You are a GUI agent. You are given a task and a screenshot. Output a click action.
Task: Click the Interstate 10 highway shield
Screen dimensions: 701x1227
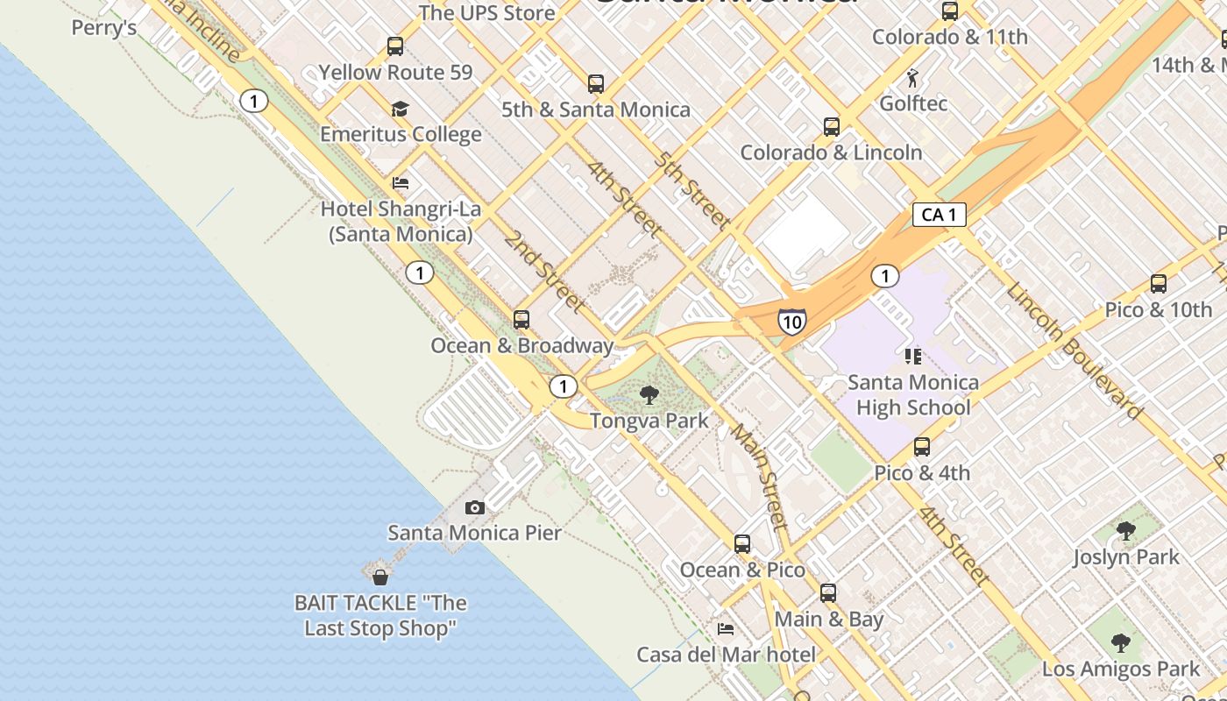[x=791, y=322]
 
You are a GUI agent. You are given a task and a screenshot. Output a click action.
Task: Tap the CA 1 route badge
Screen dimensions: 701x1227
[x=940, y=215]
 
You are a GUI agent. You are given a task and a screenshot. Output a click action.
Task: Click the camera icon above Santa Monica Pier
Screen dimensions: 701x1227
[x=474, y=507]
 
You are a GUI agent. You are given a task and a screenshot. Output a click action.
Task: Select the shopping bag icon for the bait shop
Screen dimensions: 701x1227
[x=380, y=577]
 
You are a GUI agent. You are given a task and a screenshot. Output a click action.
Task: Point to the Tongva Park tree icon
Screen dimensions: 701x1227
[x=649, y=395]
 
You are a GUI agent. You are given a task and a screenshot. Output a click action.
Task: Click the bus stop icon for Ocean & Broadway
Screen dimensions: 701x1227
[x=521, y=320]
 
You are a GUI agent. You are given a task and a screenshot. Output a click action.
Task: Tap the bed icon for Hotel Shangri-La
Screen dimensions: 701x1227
[x=401, y=183]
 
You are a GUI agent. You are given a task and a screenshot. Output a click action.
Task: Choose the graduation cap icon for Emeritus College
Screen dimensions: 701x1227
[x=401, y=109]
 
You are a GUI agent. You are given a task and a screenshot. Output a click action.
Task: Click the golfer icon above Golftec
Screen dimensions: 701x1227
[x=913, y=78]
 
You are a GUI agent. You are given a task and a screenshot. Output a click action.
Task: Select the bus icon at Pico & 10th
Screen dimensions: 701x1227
[x=1159, y=284]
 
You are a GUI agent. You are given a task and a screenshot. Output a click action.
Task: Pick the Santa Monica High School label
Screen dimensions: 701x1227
[x=913, y=394]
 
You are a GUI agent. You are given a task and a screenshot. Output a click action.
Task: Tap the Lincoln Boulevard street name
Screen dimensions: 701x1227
[x=1074, y=350]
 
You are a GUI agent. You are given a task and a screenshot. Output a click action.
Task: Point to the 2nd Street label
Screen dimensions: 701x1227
[x=544, y=273]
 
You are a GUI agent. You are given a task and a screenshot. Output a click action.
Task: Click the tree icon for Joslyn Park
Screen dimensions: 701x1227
[x=1126, y=531]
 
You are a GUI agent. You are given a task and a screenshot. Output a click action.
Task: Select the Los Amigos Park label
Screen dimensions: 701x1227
[x=1121, y=669]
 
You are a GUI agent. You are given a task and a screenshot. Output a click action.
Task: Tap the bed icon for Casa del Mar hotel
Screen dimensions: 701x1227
[x=726, y=628]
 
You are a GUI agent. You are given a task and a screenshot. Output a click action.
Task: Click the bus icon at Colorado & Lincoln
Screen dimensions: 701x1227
[x=832, y=127]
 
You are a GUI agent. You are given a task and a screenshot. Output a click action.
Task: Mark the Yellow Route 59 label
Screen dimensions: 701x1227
[x=395, y=72]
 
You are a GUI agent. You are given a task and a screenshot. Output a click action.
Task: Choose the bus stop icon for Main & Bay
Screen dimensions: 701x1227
[x=828, y=593]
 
